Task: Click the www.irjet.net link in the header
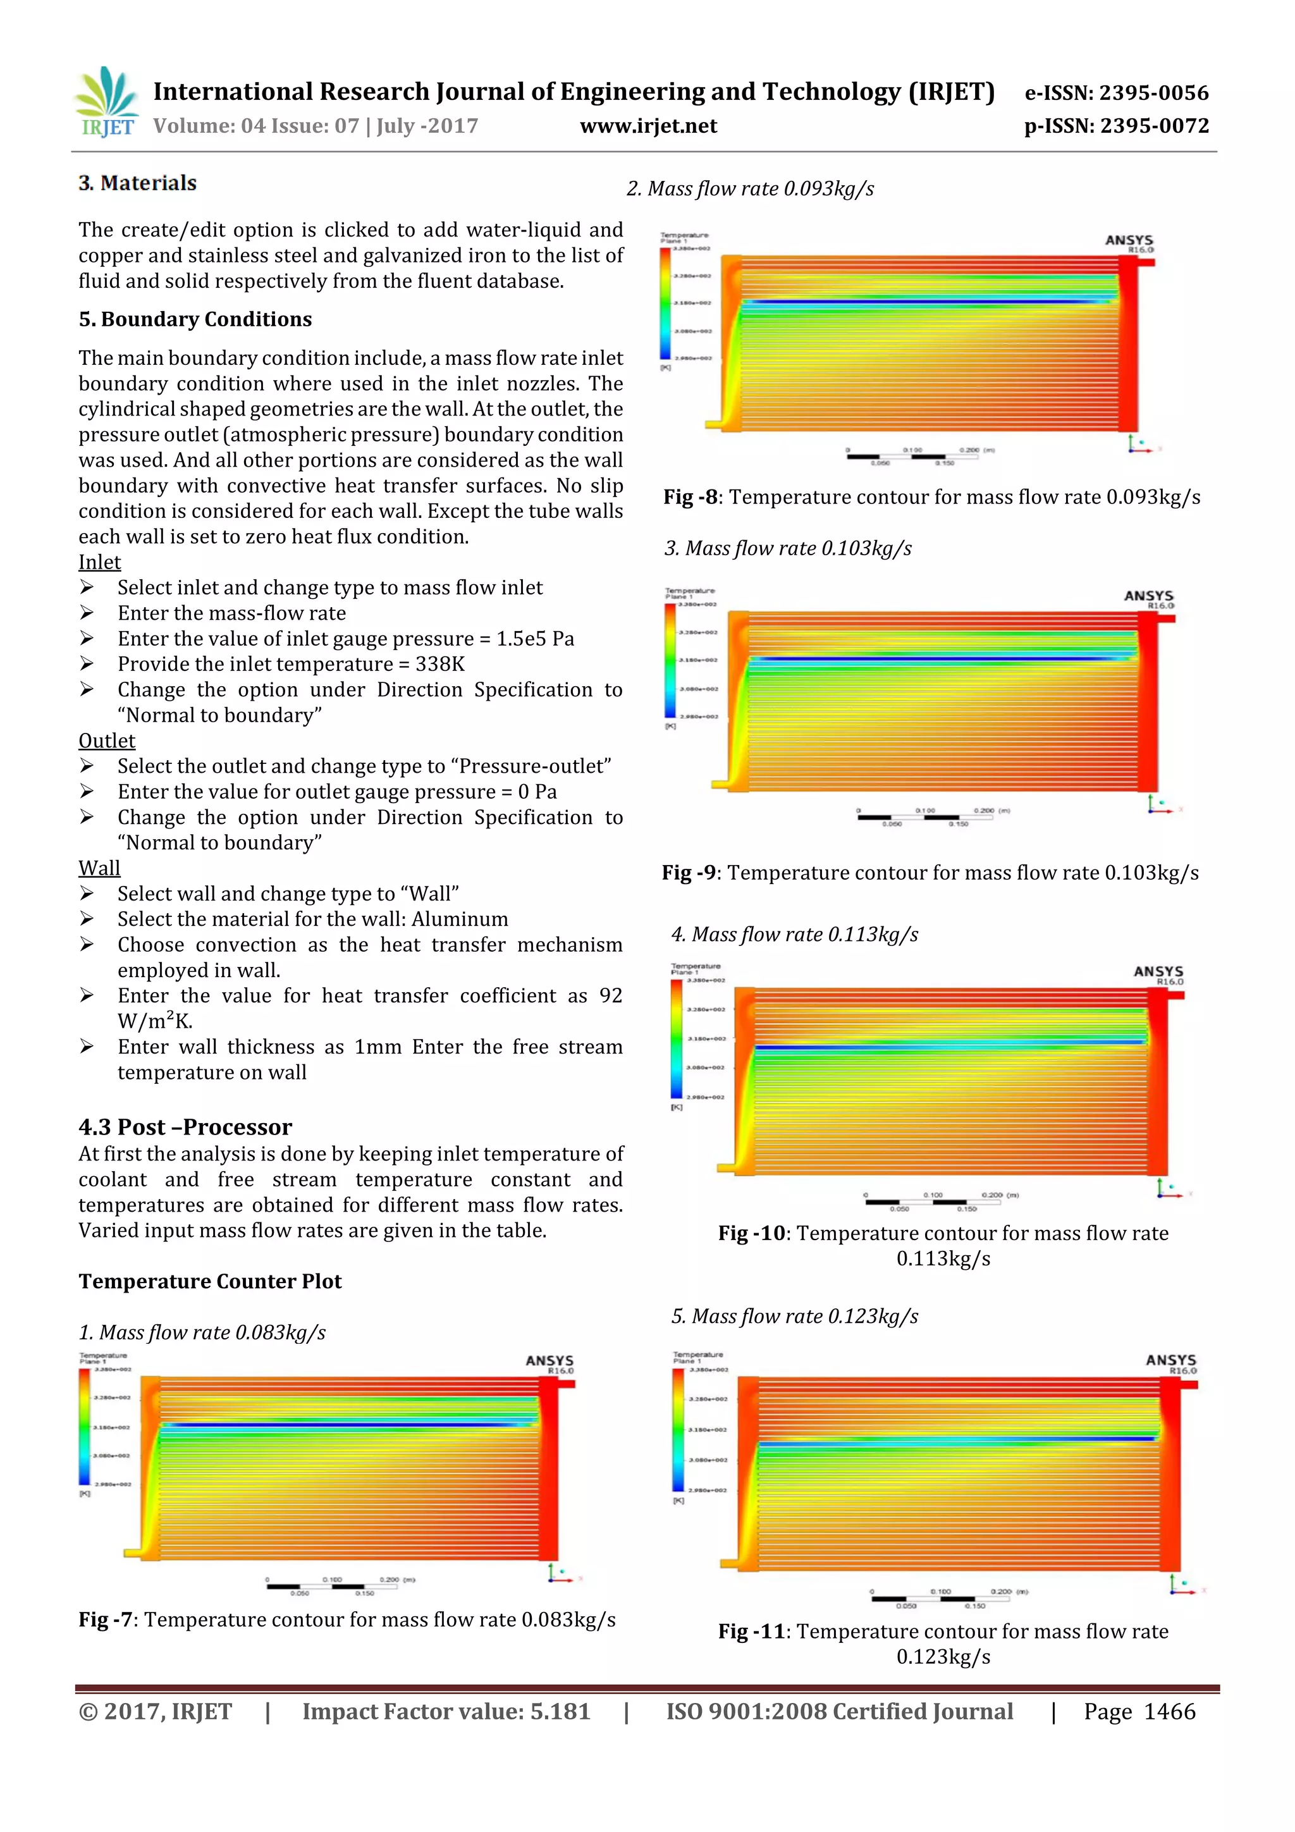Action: tap(648, 126)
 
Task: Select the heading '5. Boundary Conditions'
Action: tap(195, 319)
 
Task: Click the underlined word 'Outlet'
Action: tap(107, 741)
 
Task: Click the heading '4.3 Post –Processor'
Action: tap(185, 1127)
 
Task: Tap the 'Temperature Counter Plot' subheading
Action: tap(210, 1281)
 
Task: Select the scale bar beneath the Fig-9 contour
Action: tap(926, 817)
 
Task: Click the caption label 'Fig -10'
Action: tap(752, 1234)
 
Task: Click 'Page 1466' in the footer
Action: tap(1139, 1712)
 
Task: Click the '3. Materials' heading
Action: tap(137, 183)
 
